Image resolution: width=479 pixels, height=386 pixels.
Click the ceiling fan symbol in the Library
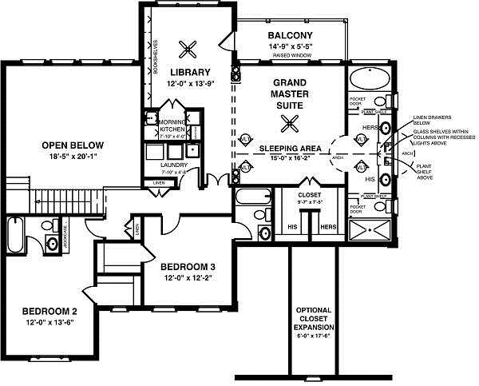[x=189, y=49]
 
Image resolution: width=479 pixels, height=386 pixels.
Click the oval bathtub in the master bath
[x=370, y=79]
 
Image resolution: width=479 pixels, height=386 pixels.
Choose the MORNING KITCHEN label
[x=172, y=125]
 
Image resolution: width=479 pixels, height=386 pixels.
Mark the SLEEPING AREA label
[x=289, y=149]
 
